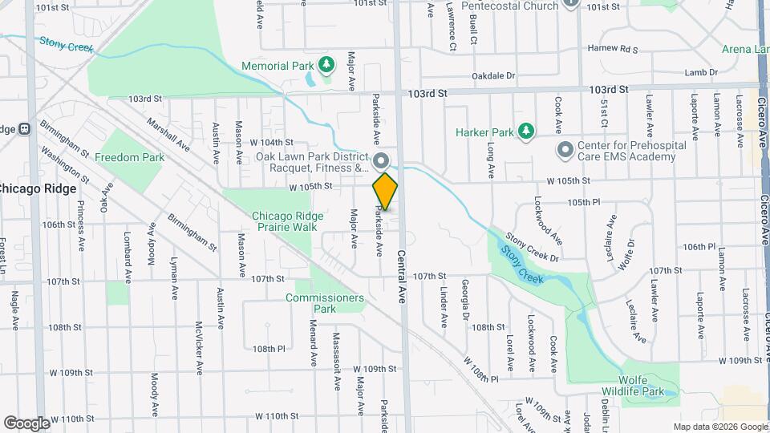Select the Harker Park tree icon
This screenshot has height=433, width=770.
[x=526, y=131]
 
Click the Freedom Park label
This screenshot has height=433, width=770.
[x=129, y=157]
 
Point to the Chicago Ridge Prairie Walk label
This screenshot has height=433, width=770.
[x=288, y=221]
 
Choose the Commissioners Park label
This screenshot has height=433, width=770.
[x=325, y=302]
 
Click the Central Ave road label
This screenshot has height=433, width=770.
[x=400, y=277]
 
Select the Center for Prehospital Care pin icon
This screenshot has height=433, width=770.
[x=565, y=150]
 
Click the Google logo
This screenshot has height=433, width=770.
[x=26, y=423]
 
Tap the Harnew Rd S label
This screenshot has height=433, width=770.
[x=612, y=48]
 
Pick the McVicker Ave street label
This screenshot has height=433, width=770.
[x=198, y=348]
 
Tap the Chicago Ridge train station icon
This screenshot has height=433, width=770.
[x=24, y=128]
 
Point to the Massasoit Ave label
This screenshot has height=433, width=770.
[x=337, y=361]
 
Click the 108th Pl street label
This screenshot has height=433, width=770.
[x=269, y=349]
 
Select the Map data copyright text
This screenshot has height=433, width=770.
[x=719, y=426]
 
